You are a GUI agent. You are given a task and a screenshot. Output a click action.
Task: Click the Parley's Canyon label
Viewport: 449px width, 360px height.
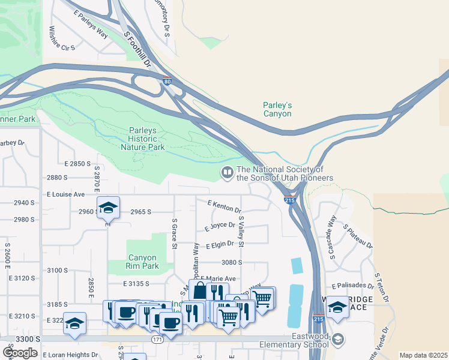pyautogui.click(x=277, y=109)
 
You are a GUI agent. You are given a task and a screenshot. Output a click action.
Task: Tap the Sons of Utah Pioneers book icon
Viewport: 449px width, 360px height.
pyautogui.click(x=228, y=173)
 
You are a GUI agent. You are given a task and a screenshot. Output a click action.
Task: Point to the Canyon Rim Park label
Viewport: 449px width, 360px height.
pyautogui.click(x=142, y=262)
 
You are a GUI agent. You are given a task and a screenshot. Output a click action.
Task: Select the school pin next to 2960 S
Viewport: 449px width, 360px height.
pyautogui.click(x=108, y=207)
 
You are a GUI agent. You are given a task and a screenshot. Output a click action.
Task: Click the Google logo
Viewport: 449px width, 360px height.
pyautogui.click(x=20, y=352)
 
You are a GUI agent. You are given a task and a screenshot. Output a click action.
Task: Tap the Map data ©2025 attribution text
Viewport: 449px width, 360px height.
pyautogui.click(x=423, y=355)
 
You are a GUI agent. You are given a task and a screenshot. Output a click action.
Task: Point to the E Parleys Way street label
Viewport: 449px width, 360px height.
pyautogui.click(x=91, y=25)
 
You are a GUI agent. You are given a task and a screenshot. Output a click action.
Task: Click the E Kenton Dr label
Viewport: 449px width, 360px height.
pyautogui.click(x=224, y=207)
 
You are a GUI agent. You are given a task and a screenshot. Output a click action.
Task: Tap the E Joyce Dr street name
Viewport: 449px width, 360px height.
pyautogui.click(x=218, y=227)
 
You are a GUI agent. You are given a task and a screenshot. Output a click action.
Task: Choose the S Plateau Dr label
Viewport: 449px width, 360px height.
pyautogui.click(x=358, y=237)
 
